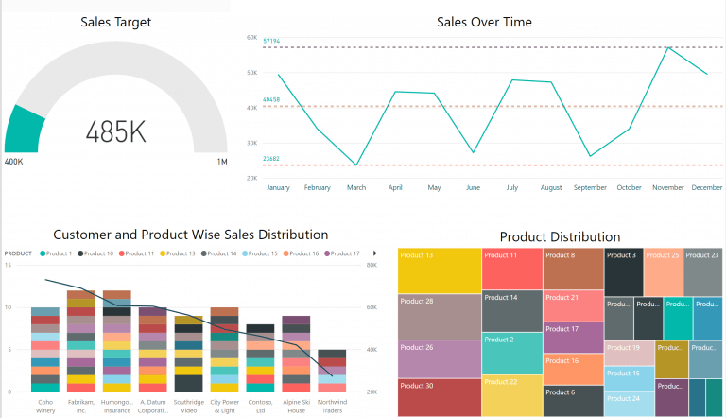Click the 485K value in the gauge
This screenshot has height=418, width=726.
click(116, 131)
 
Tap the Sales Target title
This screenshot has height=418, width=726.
click(115, 22)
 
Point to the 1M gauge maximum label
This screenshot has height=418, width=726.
click(222, 163)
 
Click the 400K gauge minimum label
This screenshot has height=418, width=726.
click(15, 163)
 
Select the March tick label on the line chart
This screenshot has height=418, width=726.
click(356, 188)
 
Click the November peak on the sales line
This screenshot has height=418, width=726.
click(668, 47)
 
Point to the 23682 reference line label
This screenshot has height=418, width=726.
click(271, 159)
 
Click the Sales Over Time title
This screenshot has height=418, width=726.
click(484, 22)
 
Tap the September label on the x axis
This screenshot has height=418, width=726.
click(590, 188)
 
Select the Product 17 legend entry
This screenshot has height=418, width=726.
click(343, 253)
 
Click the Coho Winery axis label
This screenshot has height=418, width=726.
click(44, 405)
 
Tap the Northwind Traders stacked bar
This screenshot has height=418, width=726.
click(332, 371)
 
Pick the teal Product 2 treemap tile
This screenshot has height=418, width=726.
click(511, 353)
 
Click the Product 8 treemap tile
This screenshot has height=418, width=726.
click(573, 269)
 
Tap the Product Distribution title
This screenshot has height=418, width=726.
click(560, 236)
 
